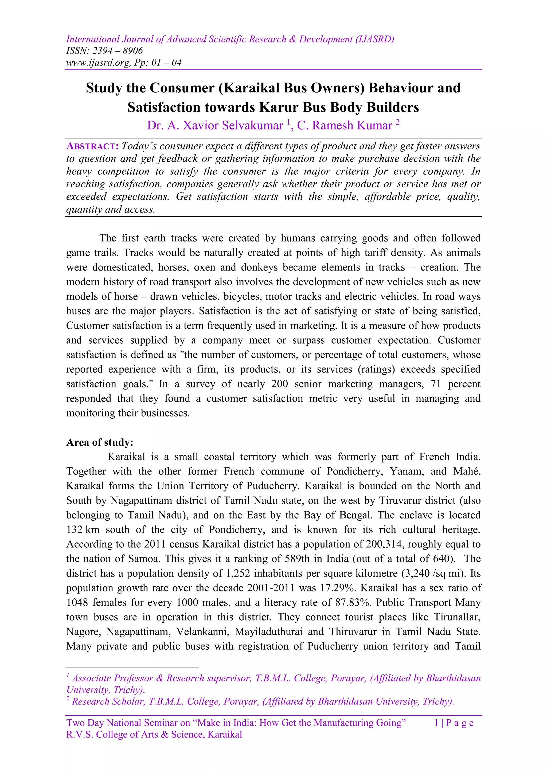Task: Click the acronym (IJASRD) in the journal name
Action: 374,40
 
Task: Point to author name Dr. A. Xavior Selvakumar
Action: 214,125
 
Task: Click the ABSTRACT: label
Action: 92,146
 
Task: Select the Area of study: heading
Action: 100,442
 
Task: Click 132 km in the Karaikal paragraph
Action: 83,530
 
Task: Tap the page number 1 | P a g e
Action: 454,723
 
